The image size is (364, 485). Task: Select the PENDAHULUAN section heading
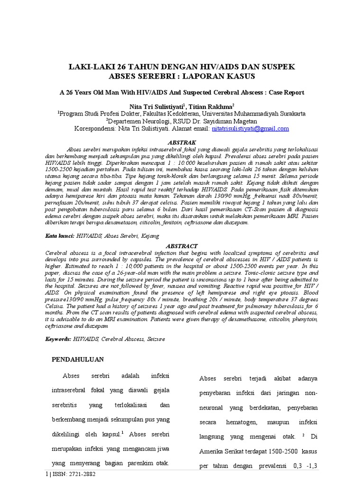coord(77,359)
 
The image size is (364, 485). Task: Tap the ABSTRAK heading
coord(182,142)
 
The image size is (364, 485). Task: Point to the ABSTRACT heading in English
coord(182,246)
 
